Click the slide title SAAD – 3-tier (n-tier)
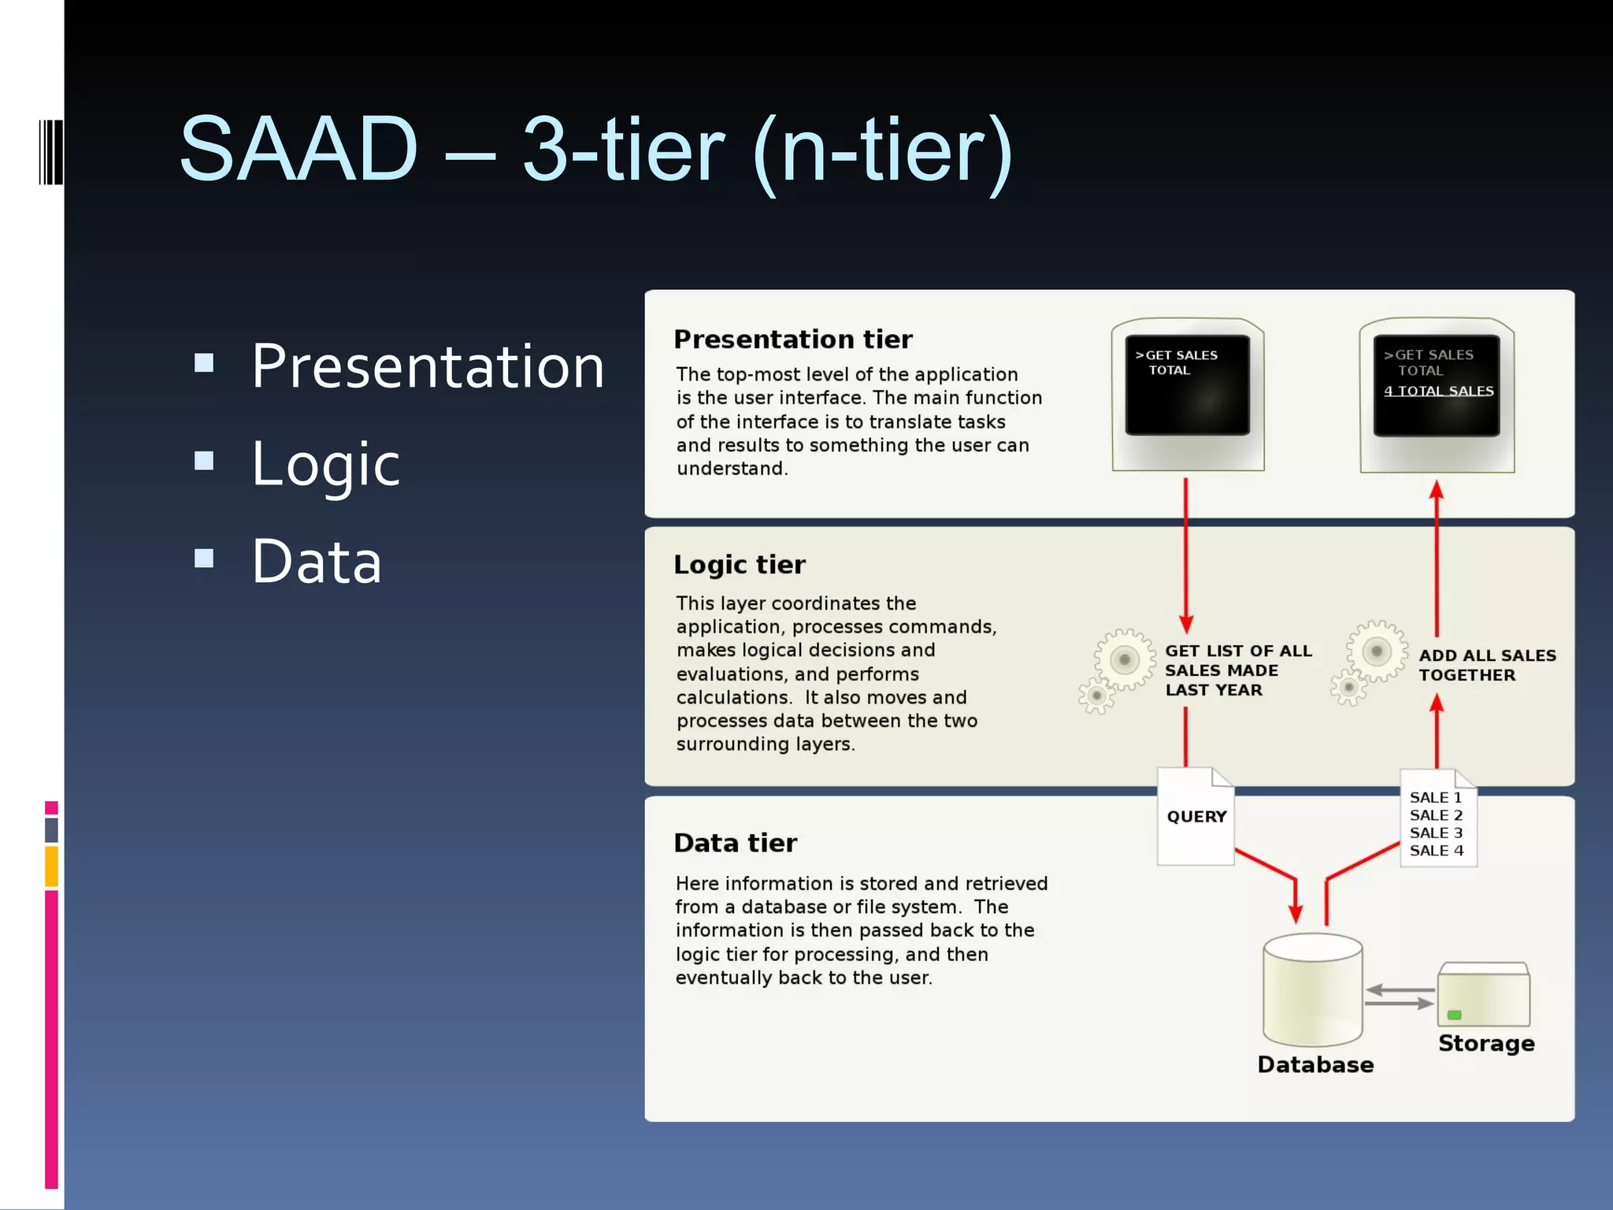coord(595,150)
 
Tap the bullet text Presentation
coord(428,367)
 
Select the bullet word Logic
coord(325,465)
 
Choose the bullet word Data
coord(317,562)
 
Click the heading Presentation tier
coord(792,340)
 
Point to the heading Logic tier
coord(739,565)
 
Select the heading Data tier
coord(735,843)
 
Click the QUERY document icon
coord(1195,817)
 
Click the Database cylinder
coord(1312,989)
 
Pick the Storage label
coord(1485,1043)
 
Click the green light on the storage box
coord(1455,1015)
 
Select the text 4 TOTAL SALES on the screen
coord(1438,391)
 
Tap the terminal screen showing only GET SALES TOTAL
coord(1187,384)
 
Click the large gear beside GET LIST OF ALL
coord(1124,659)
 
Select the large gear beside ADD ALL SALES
coord(1376,651)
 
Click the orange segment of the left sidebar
coord(51,866)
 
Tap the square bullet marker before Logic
coord(204,460)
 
